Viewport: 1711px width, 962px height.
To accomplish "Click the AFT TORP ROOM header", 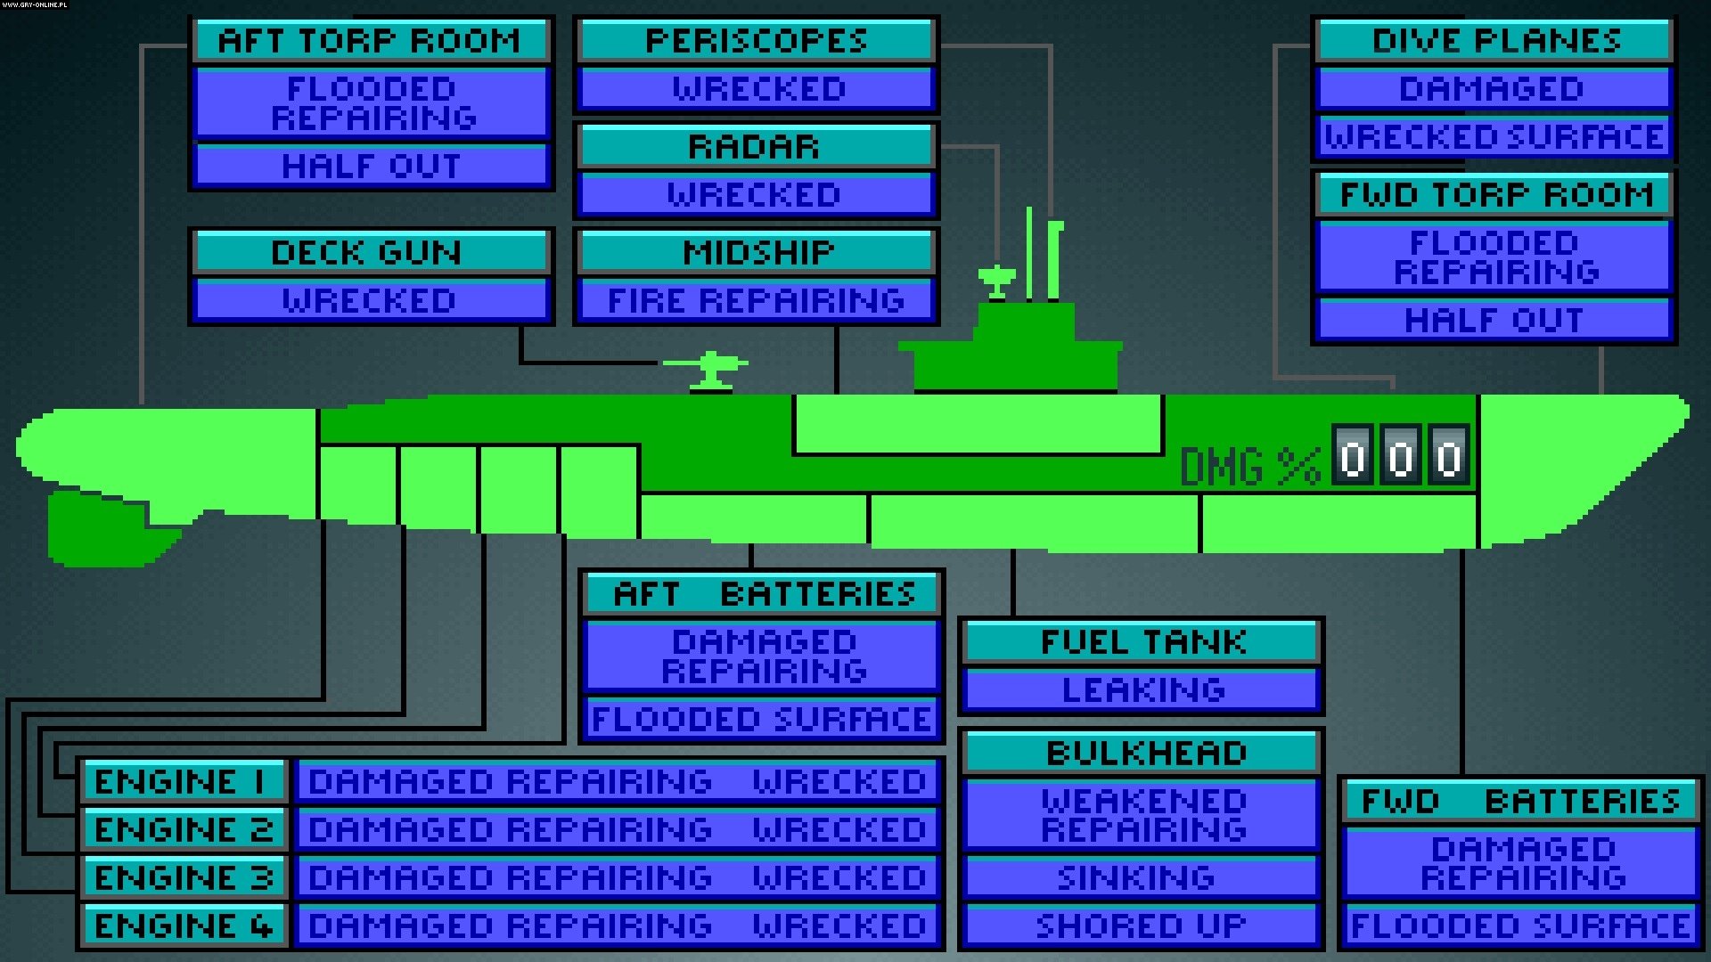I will click(371, 41).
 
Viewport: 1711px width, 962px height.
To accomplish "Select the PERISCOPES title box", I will click(756, 41).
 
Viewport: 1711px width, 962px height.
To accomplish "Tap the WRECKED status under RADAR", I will click(756, 195).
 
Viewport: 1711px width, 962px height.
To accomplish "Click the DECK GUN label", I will click(369, 253).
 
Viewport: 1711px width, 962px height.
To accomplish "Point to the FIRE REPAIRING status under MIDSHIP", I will click(756, 301).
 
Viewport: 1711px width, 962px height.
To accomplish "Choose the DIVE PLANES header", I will click(1494, 41).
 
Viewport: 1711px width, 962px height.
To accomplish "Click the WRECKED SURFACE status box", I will click(1494, 137).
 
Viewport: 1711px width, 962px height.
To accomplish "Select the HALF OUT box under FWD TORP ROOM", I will click(1494, 321).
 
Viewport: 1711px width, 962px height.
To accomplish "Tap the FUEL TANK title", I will click(1142, 642).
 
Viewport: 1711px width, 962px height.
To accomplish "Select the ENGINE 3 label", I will click(184, 878).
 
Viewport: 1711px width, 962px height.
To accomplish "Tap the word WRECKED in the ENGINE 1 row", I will click(839, 782).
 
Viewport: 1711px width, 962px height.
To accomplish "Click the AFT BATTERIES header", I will click(763, 594).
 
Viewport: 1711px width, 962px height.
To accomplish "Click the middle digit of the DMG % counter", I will click(1400, 457).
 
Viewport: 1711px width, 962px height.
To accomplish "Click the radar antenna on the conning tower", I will click(996, 280).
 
